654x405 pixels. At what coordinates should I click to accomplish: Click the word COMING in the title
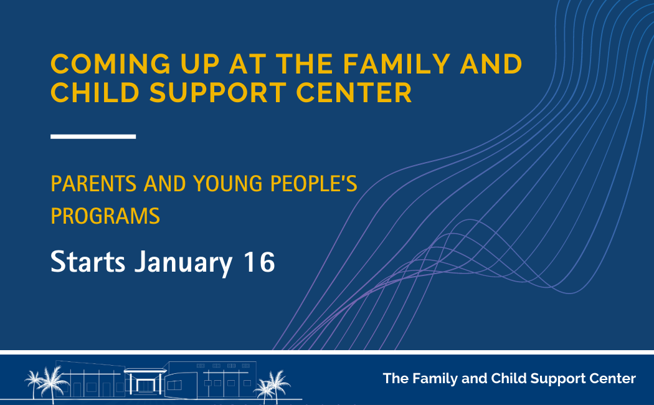110,64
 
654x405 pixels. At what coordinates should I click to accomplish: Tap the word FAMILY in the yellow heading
397,64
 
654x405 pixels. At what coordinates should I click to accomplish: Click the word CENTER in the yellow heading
354,93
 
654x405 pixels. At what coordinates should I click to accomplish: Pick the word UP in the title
200,64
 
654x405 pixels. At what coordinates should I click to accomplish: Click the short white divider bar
93,136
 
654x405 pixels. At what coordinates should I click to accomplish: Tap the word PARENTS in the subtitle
93,184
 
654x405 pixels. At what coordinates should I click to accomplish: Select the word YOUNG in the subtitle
228,184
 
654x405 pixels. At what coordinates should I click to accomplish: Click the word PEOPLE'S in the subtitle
314,184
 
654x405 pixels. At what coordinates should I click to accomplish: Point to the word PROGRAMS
105,216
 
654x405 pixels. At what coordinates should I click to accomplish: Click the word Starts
88,262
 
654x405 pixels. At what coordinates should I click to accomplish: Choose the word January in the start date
183,263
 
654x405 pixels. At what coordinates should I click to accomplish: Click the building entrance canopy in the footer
145,371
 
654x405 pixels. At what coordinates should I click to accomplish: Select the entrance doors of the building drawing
145,386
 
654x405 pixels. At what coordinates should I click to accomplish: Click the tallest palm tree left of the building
53,384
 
